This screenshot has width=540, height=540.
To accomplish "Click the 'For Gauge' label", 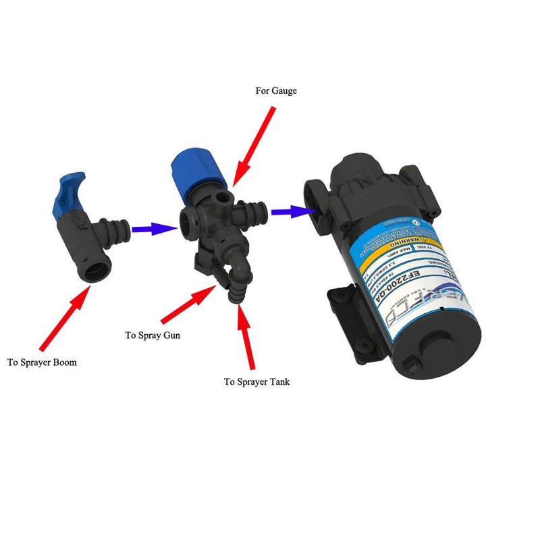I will point(275,90).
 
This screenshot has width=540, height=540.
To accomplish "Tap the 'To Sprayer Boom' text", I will point(42,362).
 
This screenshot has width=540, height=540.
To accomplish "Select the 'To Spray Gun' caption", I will point(152,335).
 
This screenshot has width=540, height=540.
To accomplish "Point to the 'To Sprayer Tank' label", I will point(257,381).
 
